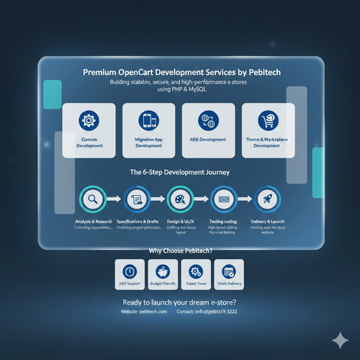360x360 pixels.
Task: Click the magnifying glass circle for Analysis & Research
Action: click(x=92, y=199)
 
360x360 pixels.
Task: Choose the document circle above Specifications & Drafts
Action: click(x=136, y=199)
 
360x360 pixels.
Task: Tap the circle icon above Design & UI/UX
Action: click(x=180, y=199)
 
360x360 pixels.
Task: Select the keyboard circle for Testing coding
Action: click(x=224, y=199)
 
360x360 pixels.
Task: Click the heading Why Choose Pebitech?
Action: click(x=180, y=251)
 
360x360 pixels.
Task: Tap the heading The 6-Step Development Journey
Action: click(x=180, y=173)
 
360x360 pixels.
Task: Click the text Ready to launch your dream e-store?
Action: click(x=180, y=301)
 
